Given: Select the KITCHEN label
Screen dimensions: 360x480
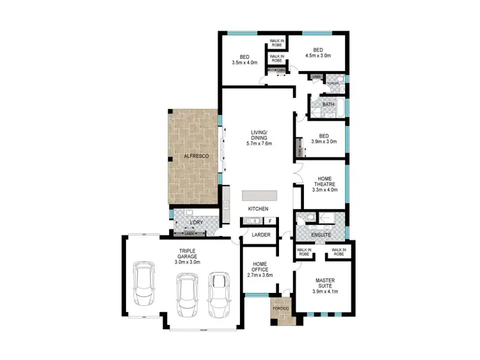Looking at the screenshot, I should tap(259, 209).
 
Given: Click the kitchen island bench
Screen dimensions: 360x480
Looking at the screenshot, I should tap(260, 194).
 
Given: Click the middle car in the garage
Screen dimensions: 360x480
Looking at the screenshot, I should tap(186, 293).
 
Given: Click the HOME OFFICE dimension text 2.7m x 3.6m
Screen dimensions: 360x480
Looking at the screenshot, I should tap(260, 276).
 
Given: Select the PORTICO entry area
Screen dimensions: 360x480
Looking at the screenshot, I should tap(280, 309).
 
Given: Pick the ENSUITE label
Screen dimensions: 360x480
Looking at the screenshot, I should tap(319, 235).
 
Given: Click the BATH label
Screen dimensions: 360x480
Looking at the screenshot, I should tap(328, 104).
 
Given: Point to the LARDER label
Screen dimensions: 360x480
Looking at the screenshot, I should tap(261, 235).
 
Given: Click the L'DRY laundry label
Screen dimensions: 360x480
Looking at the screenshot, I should tap(196, 222).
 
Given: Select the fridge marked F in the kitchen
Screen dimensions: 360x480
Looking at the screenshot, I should tap(270, 221).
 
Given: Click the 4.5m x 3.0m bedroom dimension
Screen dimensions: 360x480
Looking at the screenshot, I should tap(317, 56).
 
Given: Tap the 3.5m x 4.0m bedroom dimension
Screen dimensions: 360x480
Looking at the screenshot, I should tap(244, 63).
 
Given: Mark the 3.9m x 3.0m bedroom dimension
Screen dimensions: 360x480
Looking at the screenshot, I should tap(324, 141).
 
